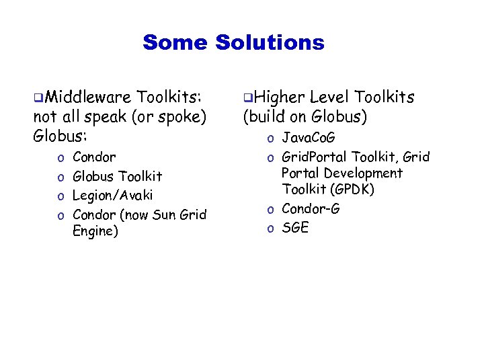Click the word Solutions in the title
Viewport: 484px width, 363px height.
coord(270,43)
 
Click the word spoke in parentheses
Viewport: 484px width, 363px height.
coord(176,117)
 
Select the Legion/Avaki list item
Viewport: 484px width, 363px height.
coord(112,196)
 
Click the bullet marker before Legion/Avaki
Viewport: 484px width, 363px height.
coord(61,196)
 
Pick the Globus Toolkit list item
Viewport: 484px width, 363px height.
coord(117,176)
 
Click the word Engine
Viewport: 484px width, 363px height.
coord(95,232)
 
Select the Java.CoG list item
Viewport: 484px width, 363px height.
coord(309,138)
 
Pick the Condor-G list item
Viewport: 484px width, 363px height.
coord(311,209)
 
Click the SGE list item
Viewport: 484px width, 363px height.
coord(295,228)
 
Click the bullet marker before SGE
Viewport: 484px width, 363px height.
coord(270,229)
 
